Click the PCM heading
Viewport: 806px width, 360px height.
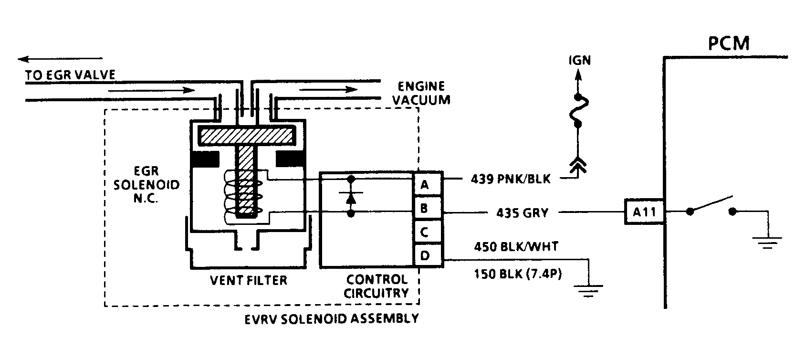729,43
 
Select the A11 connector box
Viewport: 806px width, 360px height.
644,211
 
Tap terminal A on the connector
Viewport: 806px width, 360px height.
425,184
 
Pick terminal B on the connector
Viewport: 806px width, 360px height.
425,208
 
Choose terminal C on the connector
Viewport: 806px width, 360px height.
425,232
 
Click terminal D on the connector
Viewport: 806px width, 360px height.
425,255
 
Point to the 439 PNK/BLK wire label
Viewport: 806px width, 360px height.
510,179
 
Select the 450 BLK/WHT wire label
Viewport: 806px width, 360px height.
516,247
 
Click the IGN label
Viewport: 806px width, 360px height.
579,61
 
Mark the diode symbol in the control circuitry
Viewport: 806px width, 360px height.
351,197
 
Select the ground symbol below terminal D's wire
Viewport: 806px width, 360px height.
589,290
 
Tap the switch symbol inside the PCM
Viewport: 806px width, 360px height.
711,205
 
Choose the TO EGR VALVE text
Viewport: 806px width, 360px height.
71,75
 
